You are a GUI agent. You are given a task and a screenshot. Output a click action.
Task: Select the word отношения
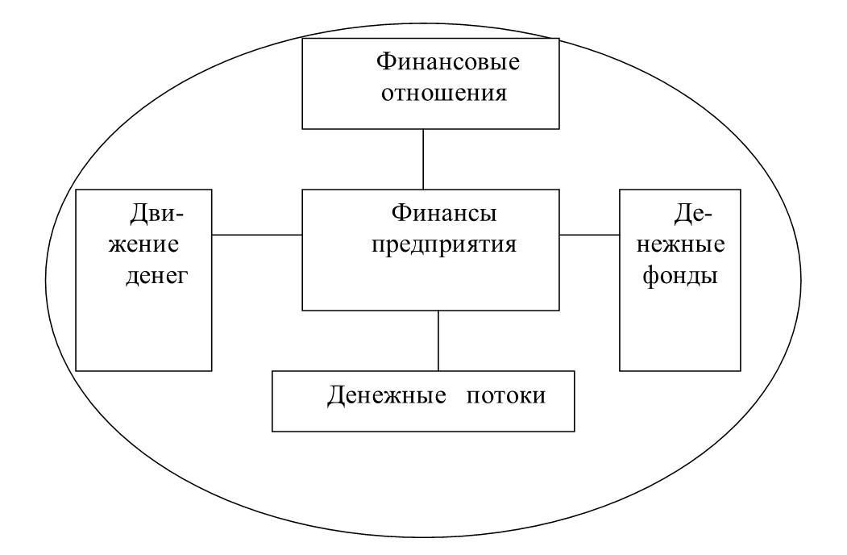pos(433,93)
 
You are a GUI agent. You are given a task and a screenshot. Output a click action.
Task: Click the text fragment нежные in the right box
pos(683,244)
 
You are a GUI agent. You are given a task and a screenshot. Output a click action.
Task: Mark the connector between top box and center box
pos(423,160)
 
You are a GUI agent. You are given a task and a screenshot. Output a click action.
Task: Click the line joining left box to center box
pos(257,235)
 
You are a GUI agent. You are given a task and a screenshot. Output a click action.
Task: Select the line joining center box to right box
pos(590,235)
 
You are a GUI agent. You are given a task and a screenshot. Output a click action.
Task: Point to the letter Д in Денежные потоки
pos(336,397)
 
